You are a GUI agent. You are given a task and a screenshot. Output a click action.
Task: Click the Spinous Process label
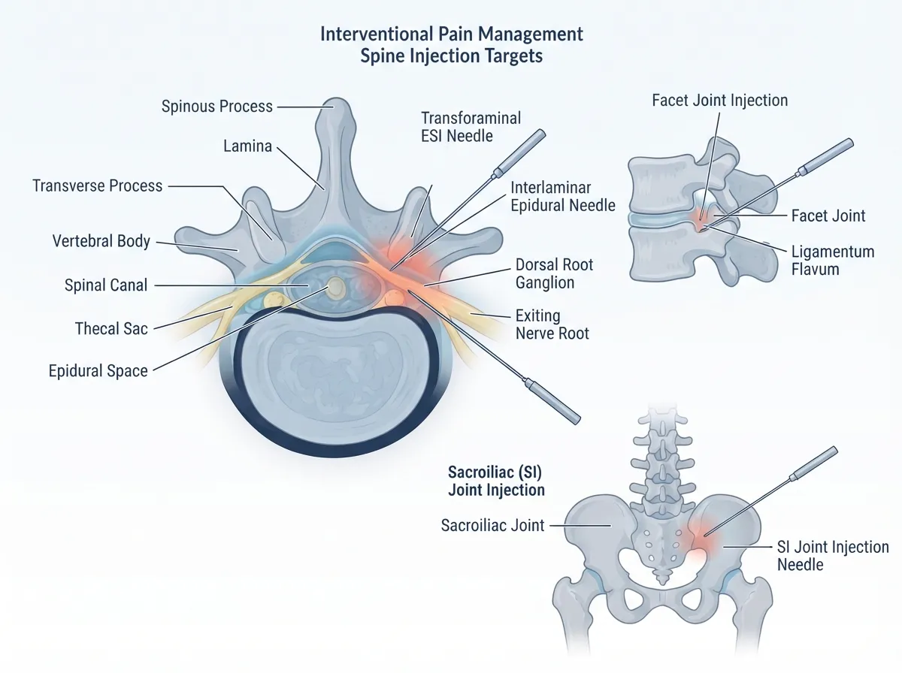(x=217, y=107)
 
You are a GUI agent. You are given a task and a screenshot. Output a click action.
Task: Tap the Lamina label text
(x=248, y=146)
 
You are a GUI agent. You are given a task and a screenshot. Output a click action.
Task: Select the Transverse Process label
(x=98, y=186)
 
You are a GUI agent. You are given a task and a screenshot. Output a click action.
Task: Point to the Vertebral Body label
(x=101, y=241)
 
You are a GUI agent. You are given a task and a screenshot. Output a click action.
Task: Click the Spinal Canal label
(x=106, y=285)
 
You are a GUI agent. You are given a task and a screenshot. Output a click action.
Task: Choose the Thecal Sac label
(x=111, y=328)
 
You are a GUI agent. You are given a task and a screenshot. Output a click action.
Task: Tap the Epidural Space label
(x=98, y=371)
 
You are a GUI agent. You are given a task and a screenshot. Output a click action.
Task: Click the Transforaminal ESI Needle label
(x=471, y=127)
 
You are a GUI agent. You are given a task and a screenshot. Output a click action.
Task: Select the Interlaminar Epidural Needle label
(x=563, y=196)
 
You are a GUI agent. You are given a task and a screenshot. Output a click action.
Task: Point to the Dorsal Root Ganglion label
(x=554, y=273)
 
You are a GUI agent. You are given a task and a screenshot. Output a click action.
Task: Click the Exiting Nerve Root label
(x=552, y=324)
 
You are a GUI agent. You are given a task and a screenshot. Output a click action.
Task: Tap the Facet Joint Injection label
(x=720, y=101)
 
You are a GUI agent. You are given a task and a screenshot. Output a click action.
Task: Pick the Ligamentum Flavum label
(x=833, y=261)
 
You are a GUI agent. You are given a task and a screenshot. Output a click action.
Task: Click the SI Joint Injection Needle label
(x=833, y=556)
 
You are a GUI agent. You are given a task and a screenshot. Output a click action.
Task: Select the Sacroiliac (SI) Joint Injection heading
(x=496, y=481)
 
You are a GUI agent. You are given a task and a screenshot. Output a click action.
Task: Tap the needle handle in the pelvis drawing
(x=813, y=463)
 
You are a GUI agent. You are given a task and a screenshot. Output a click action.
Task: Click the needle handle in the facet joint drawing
(x=826, y=155)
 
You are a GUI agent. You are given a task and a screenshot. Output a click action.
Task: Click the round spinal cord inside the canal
(x=336, y=287)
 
